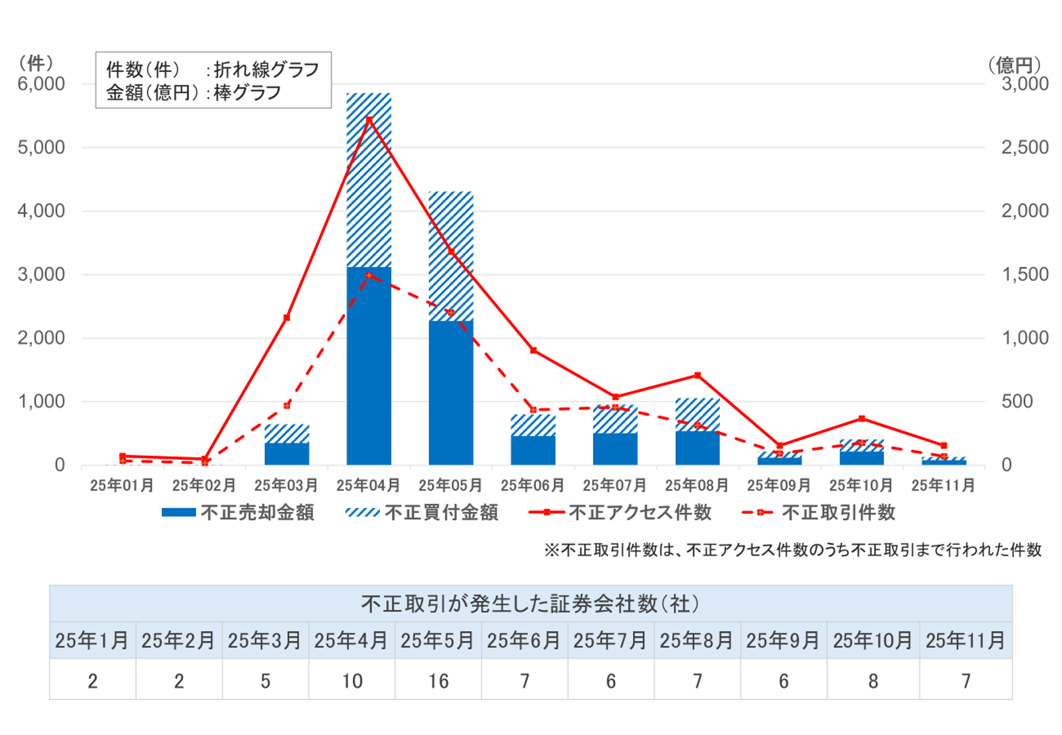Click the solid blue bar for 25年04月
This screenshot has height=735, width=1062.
coord(368,365)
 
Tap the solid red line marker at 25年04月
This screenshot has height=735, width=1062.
coord(369,120)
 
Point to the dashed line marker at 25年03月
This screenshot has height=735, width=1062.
coord(287,405)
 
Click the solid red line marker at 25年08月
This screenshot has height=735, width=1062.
coord(697,375)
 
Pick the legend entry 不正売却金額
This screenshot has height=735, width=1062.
coord(238,512)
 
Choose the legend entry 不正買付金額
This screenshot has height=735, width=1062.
coord(422,512)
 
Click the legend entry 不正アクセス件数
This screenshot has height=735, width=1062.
coord(620,512)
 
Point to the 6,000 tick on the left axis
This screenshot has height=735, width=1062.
coord(41,84)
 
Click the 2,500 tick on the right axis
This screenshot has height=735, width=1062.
coord(1025,148)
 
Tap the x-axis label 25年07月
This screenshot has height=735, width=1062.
coord(614,486)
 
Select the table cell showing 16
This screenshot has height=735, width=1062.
coord(438,681)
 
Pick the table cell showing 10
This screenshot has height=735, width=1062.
coord(352,681)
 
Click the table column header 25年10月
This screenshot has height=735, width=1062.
coord(872,641)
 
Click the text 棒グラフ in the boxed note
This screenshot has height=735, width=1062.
coord(247,93)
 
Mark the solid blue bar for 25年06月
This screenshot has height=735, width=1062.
coord(533,450)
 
